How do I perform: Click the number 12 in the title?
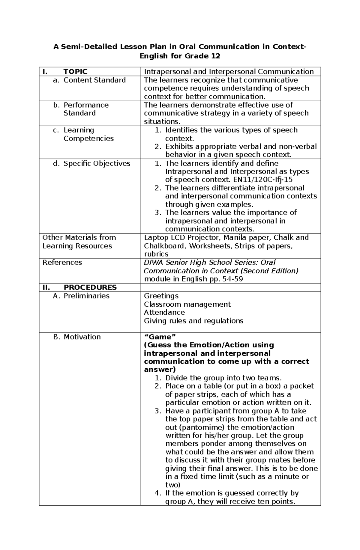click(x=215, y=56)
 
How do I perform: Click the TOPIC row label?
click(x=75, y=72)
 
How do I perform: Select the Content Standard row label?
click(x=94, y=80)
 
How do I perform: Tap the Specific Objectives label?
click(x=97, y=163)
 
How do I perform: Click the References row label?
click(x=62, y=263)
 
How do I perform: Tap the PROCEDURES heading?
click(x=90, y=287)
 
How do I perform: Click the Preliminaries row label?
click(x=86, y=296)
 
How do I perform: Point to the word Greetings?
click(x=161, y=296)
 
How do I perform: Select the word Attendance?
click(x=164, y=312)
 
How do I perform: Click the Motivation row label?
click(x=82, y=337)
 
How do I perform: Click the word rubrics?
click(x=156, y=254)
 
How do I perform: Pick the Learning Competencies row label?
click(x=88, y=134)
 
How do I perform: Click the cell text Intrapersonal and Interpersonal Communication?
click(x=229, y=72)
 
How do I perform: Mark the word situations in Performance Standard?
click(x=161, y=121)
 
